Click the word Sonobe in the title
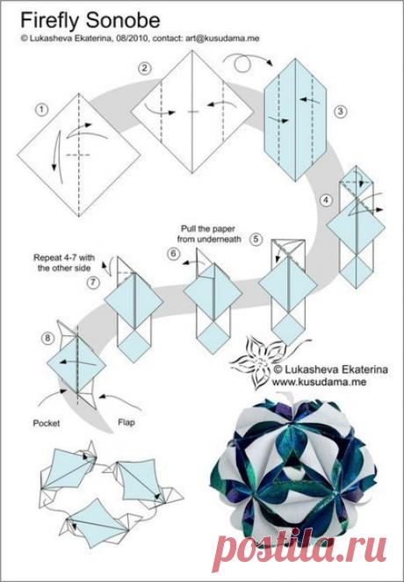click(x=123, y=20)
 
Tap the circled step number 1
click(x=41, y=110)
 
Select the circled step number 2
click(x=144, y=68)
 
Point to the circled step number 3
click(x=340, y=111)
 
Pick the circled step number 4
click(x=326, y=200)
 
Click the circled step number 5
click(x=256, y=239)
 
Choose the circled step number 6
click(x=173, y=254)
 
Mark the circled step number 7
click(x=94, y=283)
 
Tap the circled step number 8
click(x=47, y=338)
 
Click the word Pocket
click(x=47, y=423)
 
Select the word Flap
click(x=126, y=422)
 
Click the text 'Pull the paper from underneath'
click(x=209, y=234)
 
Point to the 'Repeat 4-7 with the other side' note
click(x=64, y=262)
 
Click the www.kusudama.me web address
click(x=319, y=382)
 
